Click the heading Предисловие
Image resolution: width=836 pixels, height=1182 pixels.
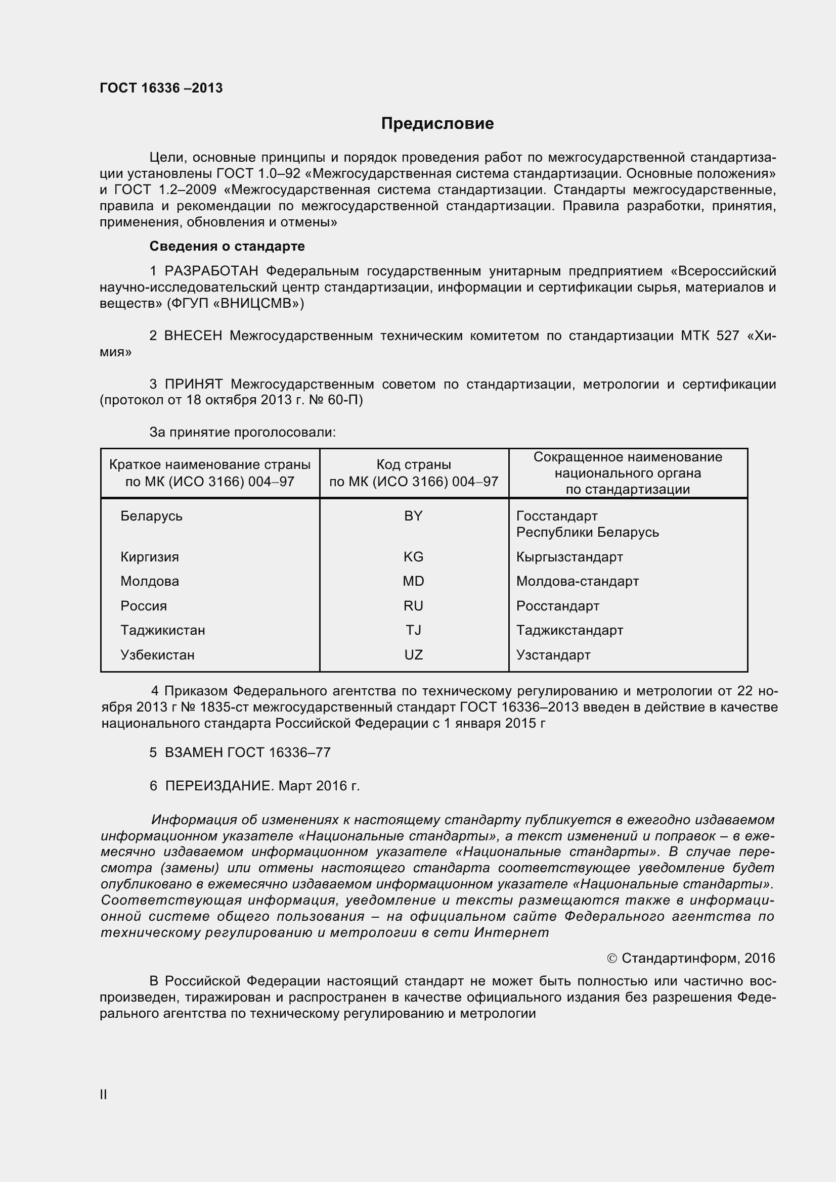pos(437,123)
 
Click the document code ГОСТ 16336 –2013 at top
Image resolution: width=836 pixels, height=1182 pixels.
pos(161,88)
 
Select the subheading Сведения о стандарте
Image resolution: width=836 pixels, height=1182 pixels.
pos(227,246)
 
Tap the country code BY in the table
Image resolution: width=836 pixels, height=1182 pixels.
pos(413,516)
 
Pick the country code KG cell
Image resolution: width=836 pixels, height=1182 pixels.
pos(413,556)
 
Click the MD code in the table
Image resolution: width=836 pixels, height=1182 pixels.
pos(413,581)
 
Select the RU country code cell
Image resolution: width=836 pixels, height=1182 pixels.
pos(413,606)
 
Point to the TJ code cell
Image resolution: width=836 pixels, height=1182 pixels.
pos(413,630)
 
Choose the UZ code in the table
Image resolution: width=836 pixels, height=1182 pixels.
pos(413,655)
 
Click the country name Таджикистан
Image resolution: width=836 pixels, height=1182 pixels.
pos(163,630)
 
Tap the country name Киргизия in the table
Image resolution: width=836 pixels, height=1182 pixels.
pos(150,556)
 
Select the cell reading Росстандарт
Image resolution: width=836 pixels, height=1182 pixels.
pos(558,606)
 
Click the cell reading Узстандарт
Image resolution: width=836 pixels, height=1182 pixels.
pos(553,655)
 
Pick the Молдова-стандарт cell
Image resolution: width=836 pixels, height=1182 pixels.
pos(578,581)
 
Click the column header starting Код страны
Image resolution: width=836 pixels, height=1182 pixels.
pos(414,472)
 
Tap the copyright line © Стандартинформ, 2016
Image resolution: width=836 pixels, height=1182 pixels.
pos(691,958)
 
